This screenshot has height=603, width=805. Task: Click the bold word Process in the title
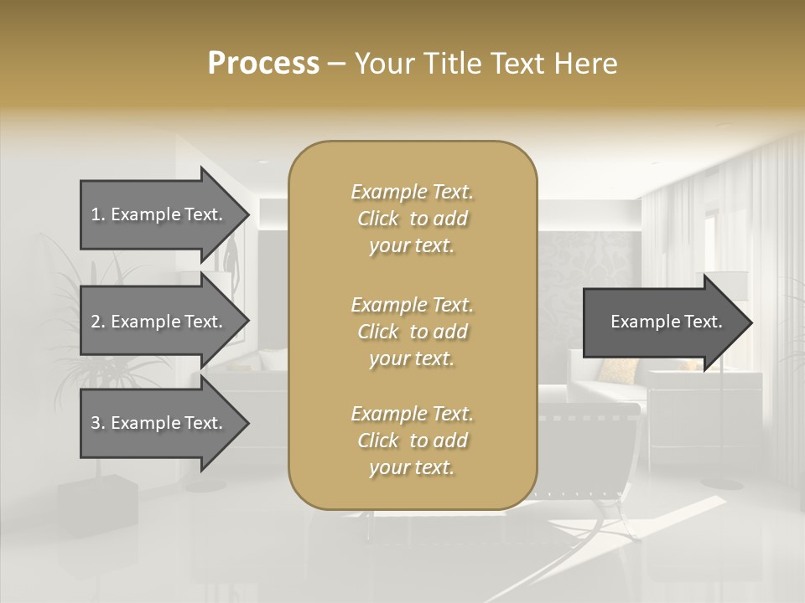(x=263, y=64)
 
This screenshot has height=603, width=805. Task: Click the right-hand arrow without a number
(x=662, y=322)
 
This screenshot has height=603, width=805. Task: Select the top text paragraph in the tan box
(x=412, y=219)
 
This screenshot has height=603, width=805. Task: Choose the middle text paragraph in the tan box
(x=412, y=331)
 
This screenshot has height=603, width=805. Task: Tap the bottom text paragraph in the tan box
(x=412, y=441)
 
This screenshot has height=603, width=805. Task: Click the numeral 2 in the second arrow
(x=96, y=322)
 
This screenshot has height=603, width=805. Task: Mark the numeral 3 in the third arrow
(x=96, y=423)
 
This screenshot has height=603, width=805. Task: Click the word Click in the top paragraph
(x=378, y=219)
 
